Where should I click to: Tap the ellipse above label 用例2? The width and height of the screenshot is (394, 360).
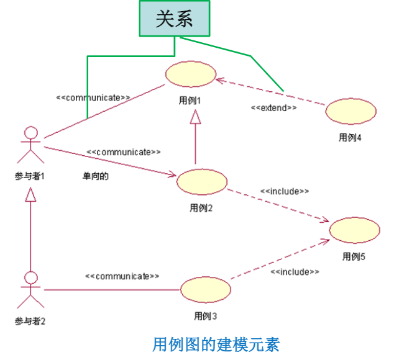(201, 181)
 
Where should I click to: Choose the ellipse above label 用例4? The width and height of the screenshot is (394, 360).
(351, 111)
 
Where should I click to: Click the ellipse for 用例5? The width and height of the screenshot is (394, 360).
(354, 231)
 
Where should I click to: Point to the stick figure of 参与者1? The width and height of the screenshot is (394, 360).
(30, 146)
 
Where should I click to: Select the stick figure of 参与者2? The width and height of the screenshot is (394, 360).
(30, 289)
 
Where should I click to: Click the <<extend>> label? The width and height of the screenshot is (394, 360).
(273, 107)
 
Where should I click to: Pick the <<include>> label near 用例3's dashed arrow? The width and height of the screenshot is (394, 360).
(295, 272)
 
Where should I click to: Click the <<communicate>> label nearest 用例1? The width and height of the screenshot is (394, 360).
(93, 97)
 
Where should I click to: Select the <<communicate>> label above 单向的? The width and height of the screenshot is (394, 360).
(124, 152)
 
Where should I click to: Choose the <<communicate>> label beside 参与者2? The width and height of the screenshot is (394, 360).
(122, 276)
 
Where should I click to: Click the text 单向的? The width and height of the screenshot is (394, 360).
(96, 176)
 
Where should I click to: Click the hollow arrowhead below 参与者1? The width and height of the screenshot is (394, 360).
(30, 195)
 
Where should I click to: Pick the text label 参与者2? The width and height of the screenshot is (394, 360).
(30, 321)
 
